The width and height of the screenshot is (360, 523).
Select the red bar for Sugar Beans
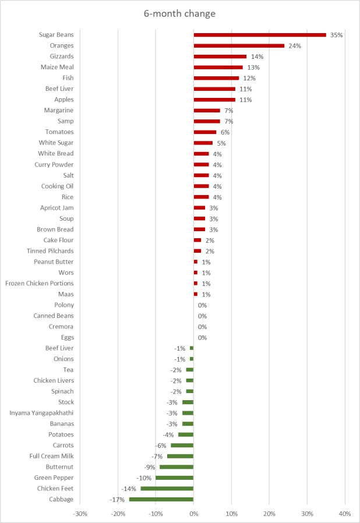pos(260,35)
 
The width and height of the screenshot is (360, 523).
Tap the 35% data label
pos(336,35)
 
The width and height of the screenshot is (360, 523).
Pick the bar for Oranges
pos(239,45)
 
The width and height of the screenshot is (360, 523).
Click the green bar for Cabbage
pos(161,499)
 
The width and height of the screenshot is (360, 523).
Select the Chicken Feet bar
pos(167,489)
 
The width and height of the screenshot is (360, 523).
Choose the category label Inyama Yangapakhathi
pos(41,413)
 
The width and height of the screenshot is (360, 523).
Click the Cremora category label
pos(61,327)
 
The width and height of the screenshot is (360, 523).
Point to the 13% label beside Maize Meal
pos(253,68)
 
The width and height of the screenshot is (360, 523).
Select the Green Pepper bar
pos(175,478)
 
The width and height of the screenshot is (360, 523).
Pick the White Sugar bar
pos(203,143)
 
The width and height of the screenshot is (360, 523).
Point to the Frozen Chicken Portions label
pos(40,284)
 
